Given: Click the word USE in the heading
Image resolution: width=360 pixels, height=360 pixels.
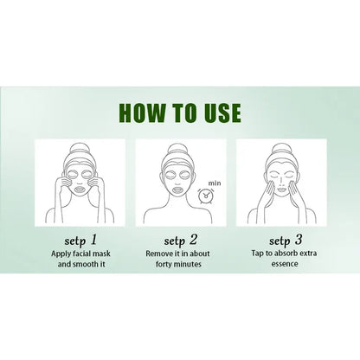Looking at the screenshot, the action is (x=222, y=112).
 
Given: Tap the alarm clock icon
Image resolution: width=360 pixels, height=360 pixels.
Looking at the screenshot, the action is (x=206, y=196).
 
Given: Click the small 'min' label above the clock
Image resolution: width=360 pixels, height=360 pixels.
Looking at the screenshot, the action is (x=215, y=183).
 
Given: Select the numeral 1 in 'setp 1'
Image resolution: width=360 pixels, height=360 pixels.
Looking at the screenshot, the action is (x=93, y=240).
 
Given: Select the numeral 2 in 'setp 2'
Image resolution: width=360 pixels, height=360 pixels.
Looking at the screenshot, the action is (x=193, y=240).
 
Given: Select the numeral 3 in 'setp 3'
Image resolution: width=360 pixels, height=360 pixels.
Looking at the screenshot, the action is (x=299, y=240).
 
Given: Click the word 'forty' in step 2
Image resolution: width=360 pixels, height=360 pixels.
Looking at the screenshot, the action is (x=164, y=264).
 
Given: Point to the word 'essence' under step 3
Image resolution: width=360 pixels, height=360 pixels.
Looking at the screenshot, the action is (x=285, y=264).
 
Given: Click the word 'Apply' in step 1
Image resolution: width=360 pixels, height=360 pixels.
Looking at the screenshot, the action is (x=60, y=254).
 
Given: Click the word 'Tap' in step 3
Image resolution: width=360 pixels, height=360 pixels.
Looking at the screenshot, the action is (x=257, y=254).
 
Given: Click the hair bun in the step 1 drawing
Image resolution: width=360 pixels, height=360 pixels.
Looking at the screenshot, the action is (x=80, y=150).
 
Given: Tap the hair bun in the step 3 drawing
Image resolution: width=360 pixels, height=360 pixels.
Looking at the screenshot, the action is (x=280, y=149).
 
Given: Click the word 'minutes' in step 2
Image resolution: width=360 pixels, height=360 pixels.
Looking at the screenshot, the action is (x=188, y=264).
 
